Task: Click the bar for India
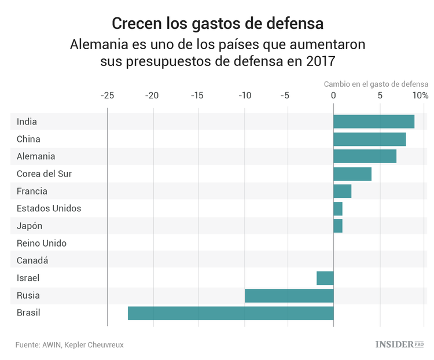(374, 122)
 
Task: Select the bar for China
(369, 139)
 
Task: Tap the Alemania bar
(365, 156)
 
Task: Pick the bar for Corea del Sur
(352, 174)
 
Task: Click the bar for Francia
(343, 191)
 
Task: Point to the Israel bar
(325, 278)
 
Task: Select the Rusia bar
(289, 295)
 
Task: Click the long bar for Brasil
(231, 313)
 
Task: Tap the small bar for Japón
(338, 226)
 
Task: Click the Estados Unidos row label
(49, 208)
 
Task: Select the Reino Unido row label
(41, 243)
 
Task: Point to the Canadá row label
(32, 260)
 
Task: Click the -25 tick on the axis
(107, 95)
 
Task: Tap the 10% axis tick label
(421, 95)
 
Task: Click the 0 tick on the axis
(333, 95)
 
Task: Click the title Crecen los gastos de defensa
(217, 24)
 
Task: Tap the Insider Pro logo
(399, 344)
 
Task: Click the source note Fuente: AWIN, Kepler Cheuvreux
(69, 344)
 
